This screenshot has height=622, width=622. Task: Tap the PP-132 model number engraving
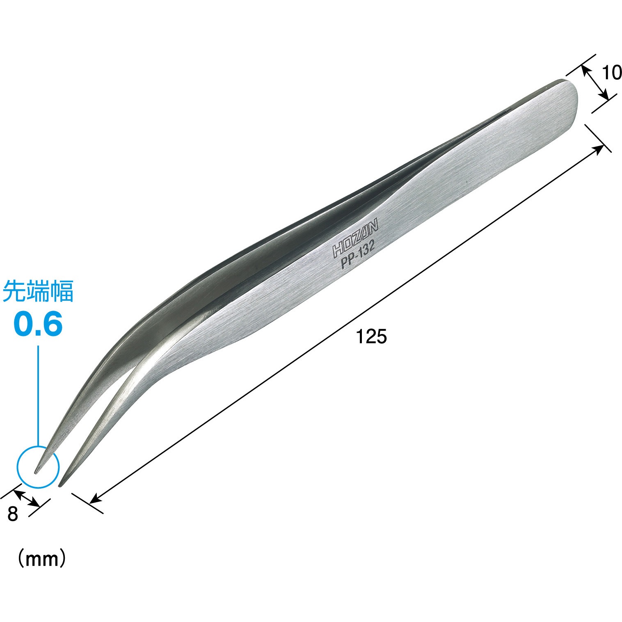point(358,256)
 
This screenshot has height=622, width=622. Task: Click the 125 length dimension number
point(371,337)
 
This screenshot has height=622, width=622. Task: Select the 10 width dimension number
point(612,73)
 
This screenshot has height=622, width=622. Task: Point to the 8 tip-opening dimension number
point(13,514)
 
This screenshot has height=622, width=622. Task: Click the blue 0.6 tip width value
point(38,324)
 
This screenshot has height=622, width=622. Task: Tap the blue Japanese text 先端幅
point(38,291)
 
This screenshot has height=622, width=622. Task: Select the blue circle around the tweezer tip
point(38,446)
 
